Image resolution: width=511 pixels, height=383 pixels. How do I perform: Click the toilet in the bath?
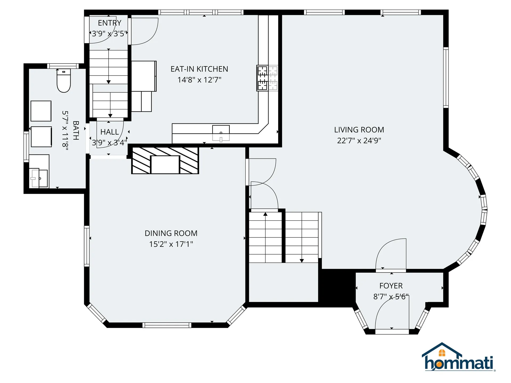pos(64,81)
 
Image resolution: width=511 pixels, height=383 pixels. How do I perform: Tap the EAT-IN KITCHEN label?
pos(199,69)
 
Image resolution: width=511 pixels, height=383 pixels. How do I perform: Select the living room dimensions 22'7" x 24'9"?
pos(359,140)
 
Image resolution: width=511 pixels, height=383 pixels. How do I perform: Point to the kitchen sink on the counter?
pos(221,132)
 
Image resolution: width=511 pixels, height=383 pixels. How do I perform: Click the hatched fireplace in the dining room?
pos(165,161)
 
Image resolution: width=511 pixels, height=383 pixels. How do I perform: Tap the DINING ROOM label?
pos(171,233)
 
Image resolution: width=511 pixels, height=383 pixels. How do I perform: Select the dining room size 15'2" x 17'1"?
pos(171,244)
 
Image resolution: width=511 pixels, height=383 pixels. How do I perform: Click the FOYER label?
pos(391,286)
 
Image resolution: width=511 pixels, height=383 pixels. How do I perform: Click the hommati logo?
pos(458,358)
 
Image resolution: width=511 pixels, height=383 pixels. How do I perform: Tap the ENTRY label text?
pos(109,23)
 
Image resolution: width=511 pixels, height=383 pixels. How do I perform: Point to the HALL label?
pos(109,132)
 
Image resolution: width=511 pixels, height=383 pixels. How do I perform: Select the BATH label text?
pos(76,130)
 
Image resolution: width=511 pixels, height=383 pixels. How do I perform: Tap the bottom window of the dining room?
pos(167,325)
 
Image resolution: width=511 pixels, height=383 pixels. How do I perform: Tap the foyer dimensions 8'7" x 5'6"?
pos(391,297)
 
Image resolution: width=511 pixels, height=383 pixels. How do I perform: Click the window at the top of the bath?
pos(63,66)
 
